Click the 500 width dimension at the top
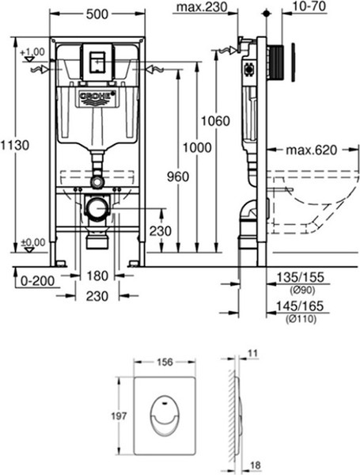click(97, 14)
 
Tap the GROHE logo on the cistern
click(97, 98)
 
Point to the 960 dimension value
click(178, 177)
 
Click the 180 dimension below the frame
click(97, 275)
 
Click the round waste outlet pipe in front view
click(97, 211)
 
